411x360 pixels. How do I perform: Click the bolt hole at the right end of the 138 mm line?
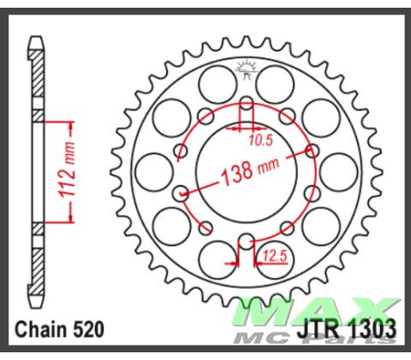pos(311,151)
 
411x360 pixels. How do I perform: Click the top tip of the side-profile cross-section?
pos(36,39)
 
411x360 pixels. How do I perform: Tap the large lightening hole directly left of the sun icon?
pos(210,83)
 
